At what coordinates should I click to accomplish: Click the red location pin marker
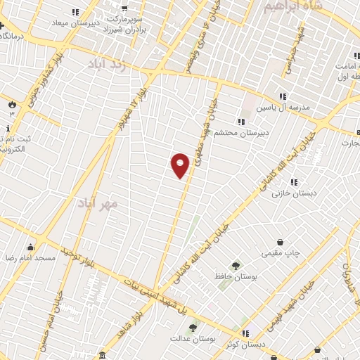(x=180, y=165)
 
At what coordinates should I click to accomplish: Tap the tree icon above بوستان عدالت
(x=193, y=327)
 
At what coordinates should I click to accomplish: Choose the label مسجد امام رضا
(x=30, y=258)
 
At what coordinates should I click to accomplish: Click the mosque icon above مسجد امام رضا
(x=30, y=247)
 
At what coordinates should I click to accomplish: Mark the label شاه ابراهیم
(x=293, y=7)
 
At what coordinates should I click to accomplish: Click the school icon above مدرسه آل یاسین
(x=283, y=96)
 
